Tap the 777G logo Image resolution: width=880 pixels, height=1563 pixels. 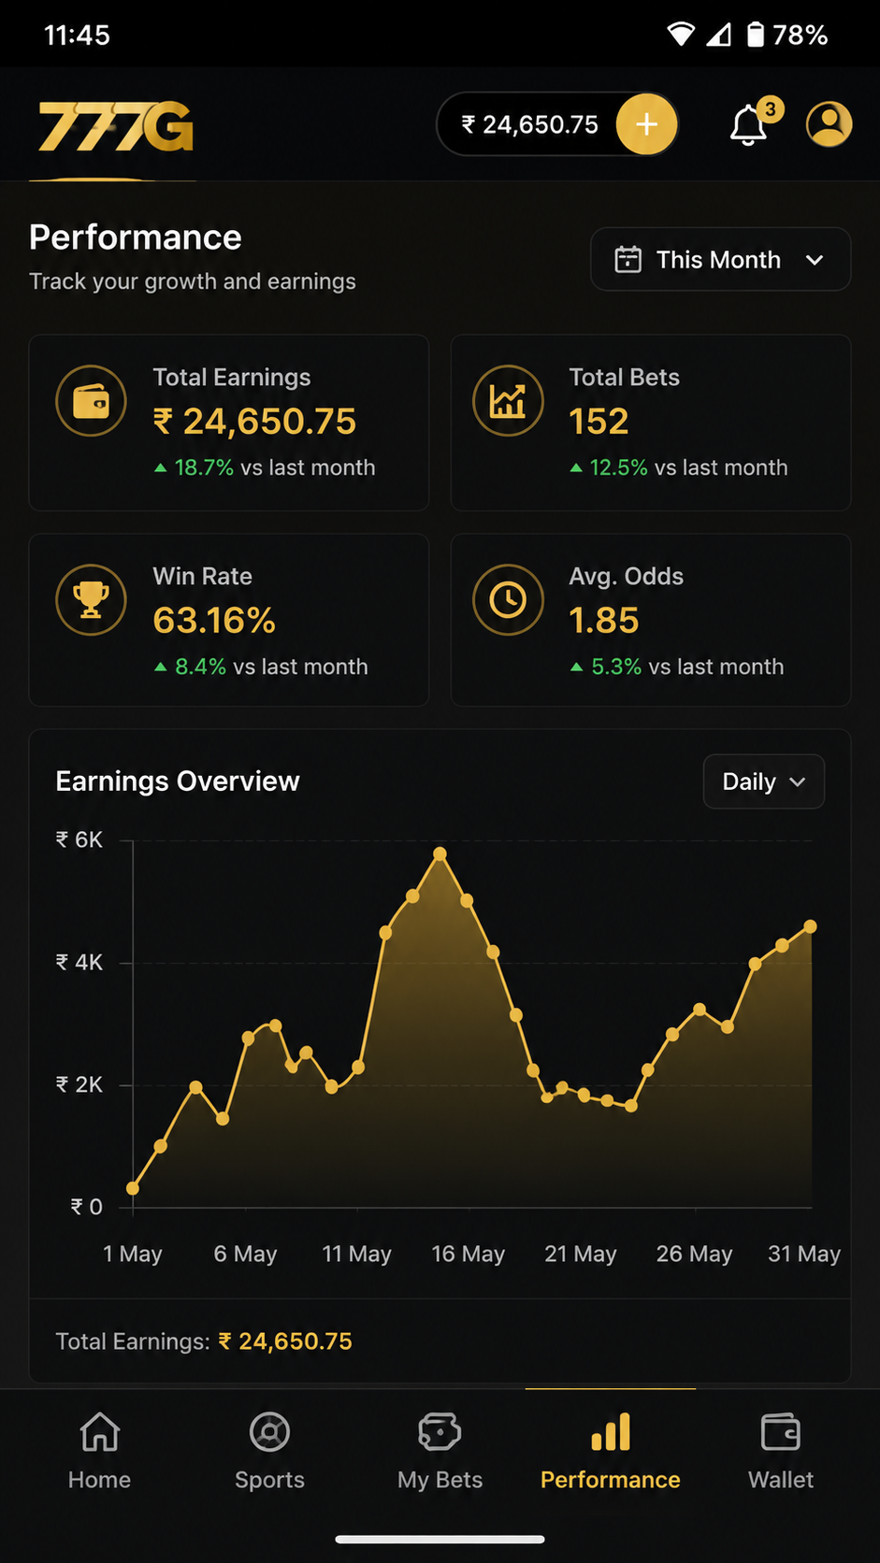click(x=115, y=126)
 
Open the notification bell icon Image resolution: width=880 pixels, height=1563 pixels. click(x=748, y=125)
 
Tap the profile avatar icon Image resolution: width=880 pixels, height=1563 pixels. click(x=830, y=124)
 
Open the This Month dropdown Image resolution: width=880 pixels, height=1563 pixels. click(x=720, y=260)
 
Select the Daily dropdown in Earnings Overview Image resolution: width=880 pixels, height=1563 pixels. click(x=763, y=781)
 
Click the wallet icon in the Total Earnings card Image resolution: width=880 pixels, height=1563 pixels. click(x=92, y=401)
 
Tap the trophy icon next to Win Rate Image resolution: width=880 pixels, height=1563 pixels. click(x=92, y=600)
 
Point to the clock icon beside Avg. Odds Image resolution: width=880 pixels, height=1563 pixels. click(x=508, y=600)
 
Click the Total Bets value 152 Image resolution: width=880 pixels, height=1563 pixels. click(x=599, y=422)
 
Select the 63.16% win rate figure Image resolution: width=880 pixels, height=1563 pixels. click(x=214, y=621)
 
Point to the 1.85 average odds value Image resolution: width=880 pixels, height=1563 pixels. click(x=603, y=621)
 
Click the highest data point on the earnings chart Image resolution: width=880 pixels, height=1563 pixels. click(x=440, y=853)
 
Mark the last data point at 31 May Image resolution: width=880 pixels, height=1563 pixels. click(x=810, y=926)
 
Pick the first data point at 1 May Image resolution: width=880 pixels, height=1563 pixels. click(x=133, y=1188)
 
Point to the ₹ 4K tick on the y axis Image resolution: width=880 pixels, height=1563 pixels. click(x=79, y=963)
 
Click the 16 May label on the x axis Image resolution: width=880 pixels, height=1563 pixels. click(x=469, y=1254)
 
